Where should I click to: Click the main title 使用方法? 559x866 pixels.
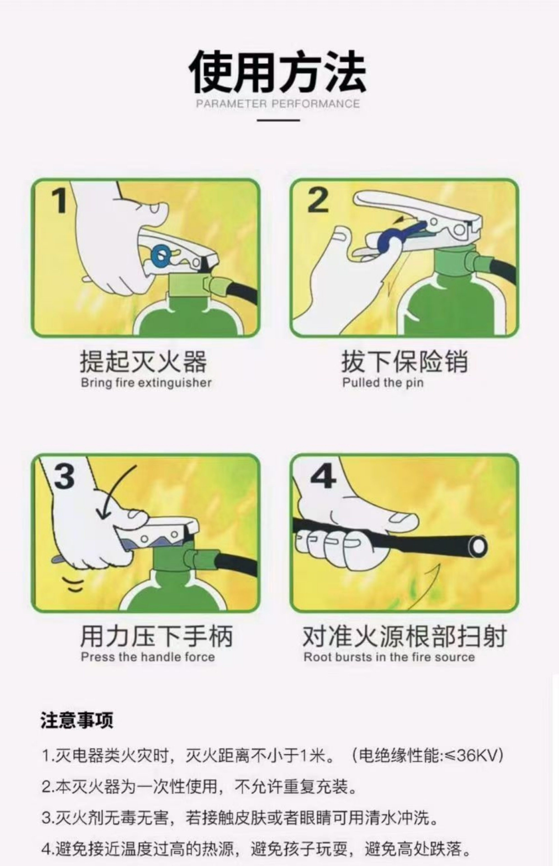pos(278,71)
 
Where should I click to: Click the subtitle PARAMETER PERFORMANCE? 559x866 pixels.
pos(278,104)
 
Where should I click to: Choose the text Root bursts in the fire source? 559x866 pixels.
pos(389,657)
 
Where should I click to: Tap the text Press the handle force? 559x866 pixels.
pos(148,657)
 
